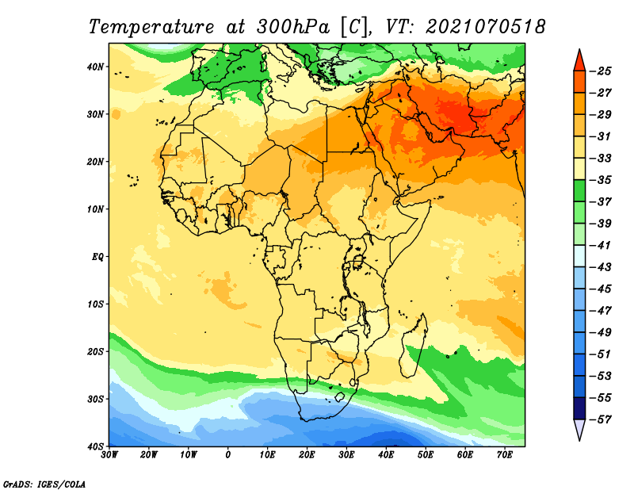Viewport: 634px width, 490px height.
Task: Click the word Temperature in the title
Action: [x=151, y=28]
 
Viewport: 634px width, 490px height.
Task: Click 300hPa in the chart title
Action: [x=292, y=27]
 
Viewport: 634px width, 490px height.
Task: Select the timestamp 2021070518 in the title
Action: [x=485, y=27]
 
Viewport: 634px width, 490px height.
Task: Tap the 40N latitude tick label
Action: [x=95, y=67]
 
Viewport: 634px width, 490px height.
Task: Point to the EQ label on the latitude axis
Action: [x=97, y=257]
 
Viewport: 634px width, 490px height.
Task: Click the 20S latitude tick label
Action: [x=95, y=351]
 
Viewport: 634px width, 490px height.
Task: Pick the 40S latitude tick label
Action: [x=95, y=446]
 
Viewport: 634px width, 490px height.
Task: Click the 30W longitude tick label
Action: [x=109, y=455]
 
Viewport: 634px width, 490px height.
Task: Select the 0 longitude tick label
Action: [x=228, y=455]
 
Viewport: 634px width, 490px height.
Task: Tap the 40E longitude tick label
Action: [x=386, y=455]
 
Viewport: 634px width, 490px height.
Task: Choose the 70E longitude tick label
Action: [x=505, y=455]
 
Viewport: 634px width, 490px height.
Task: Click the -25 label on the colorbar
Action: [x=601, y=71]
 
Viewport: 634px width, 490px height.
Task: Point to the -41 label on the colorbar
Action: [x=601, y=246]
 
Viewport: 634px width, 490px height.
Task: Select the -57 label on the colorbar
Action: [x=601, y=419]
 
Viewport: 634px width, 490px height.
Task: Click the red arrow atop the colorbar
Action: [x=579, y=60]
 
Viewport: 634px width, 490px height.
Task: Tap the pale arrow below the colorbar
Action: [x=579, y=430]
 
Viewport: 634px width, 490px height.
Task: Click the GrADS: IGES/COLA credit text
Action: [x=44, y=484]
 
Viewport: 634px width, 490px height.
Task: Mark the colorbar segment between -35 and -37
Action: [x=579, y=191]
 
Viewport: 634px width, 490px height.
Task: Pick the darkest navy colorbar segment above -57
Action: [x=579, y=408]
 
